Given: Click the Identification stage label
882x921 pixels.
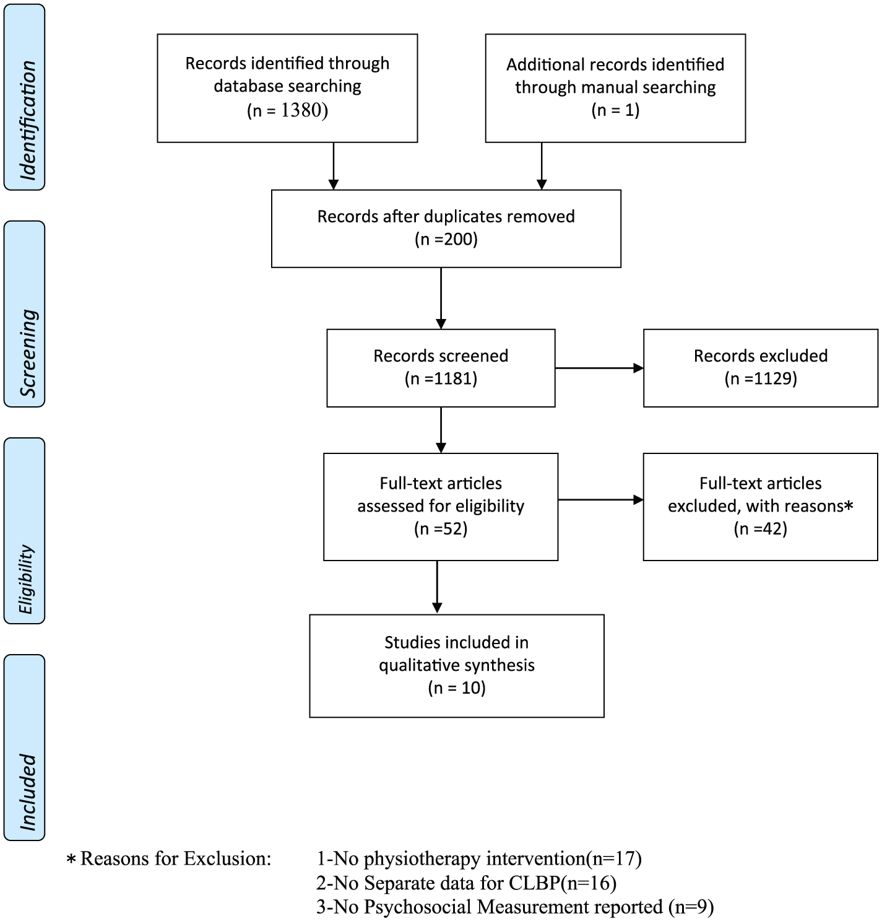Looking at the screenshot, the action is click(28, 120).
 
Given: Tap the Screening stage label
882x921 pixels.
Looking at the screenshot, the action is click(28, 352).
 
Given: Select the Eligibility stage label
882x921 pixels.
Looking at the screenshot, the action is click(25, 579).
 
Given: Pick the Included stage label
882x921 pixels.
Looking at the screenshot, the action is click(28, 792).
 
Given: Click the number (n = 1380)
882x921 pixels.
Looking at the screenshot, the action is click(287, 110).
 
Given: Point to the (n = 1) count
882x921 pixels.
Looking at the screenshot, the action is click(615, 110).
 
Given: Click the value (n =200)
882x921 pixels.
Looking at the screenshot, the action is click(446, 240).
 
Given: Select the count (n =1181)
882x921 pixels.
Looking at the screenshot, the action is click(441, 378).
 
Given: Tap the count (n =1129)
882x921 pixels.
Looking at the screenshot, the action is click(761, 378).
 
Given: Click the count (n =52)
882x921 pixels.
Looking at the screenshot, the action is click(441, 529).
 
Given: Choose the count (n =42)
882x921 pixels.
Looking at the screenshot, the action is click(761, 529).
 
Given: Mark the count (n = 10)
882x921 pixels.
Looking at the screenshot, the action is click(457, 687).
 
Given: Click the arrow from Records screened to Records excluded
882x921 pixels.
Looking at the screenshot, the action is click(599, 368).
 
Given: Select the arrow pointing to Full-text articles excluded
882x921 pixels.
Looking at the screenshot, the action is click(600, 500).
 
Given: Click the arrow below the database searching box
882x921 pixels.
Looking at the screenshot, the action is click(334, 166).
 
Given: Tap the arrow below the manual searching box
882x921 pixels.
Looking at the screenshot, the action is click(542, 166).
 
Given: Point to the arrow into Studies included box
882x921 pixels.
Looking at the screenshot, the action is click(437, 587).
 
